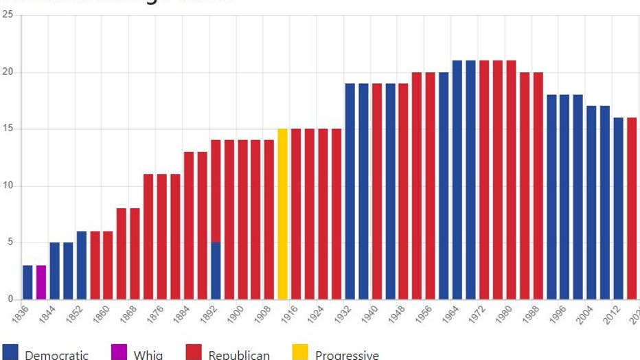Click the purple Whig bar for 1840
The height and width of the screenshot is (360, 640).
pos(41,282)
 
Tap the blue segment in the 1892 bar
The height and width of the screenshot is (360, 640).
pos(216,271)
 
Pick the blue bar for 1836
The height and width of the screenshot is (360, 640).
pos(27,282)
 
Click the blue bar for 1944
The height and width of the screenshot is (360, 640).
pos(390,192)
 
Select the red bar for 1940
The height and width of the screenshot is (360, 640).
pos(376,192)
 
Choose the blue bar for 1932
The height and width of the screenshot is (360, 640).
pos(350,192)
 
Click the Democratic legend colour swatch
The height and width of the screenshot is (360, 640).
pos(10,352)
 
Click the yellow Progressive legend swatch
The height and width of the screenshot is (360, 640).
pos(300,352)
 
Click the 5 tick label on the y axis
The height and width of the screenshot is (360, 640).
pos(10,243)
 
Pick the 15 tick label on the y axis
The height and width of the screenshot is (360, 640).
pos(7,129)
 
